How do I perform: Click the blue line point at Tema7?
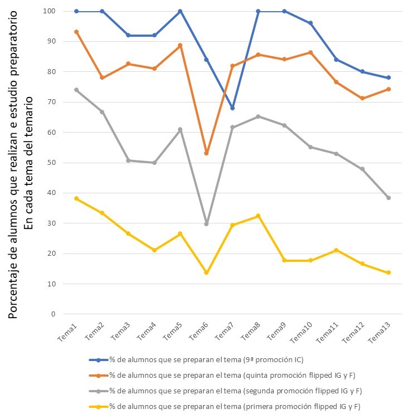pyautogui.click(x=232, y=108)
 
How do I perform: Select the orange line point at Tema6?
pyautogui.click(x=206, y=153)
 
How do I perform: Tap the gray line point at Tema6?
pyautogui.click(x=206, y=224)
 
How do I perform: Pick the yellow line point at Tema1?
pyautogui.click(x=76, y=199)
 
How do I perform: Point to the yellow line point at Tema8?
pyautogui.click(x=259, y=216)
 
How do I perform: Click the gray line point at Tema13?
pyautogui.click(x=389, y=198)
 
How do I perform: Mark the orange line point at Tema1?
pyautogui.click(x=76, y=32)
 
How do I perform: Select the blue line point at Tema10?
pyautogui.click(x=311, y=23)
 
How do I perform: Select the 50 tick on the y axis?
pyautogui.click(x=51, y=163)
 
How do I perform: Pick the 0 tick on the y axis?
pyautogui.click(x=54, y=314)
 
